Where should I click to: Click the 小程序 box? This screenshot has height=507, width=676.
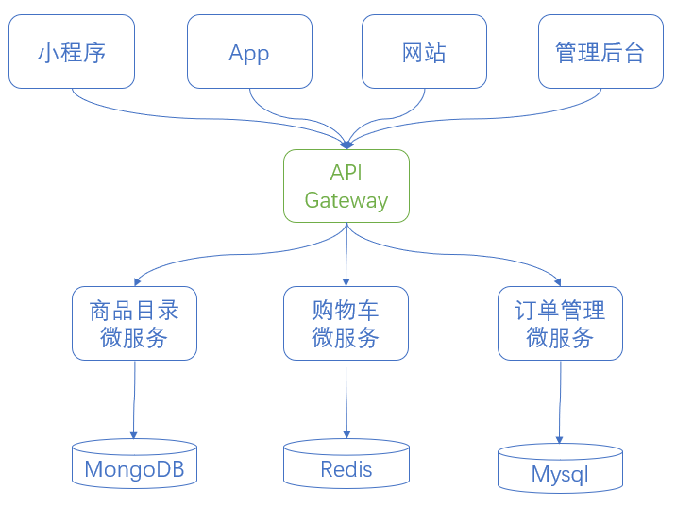coord(72,52)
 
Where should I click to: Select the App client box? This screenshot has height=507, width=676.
coord(249,52)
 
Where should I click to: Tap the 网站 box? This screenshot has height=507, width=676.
coord(424,52)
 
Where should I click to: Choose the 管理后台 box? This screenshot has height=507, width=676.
coord(600,52)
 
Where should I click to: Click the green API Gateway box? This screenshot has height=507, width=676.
coord(346,186)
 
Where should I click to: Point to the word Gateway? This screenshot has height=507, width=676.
coord(346,200)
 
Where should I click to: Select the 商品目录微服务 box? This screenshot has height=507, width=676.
coord(134,323)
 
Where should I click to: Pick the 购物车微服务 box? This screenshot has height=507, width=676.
coord(346,323)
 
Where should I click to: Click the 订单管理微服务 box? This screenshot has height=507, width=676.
coord(560,323)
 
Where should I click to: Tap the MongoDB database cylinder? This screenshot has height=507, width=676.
coord(134,465)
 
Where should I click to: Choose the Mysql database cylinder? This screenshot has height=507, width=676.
coord(560,469)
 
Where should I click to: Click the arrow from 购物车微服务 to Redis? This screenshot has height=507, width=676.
coord(346,397)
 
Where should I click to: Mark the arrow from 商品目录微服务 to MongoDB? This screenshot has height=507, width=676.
coord(134,397)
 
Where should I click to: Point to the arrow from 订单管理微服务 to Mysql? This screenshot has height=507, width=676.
coord(560,401)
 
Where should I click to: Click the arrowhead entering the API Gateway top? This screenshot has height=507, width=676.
coord(346,144)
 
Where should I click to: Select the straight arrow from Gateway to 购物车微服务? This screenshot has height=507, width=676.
coord(346,255)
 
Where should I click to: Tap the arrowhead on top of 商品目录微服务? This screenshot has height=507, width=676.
coord(139,280)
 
